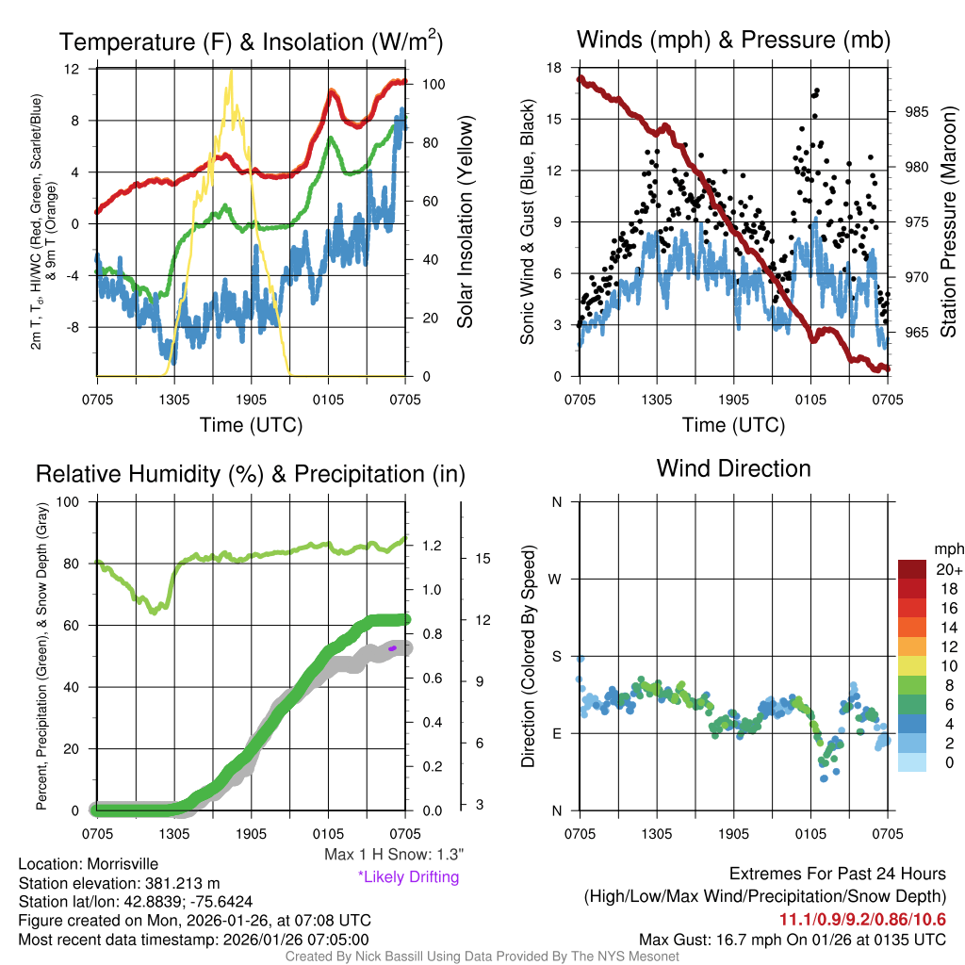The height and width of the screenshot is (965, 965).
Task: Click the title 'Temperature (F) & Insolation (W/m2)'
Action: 252,41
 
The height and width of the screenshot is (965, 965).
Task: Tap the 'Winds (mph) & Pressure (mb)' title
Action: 733,40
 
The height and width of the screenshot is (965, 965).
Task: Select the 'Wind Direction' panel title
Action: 733,468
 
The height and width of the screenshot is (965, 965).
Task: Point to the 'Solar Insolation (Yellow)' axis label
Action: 466,221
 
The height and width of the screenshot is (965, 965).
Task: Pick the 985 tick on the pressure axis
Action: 914,111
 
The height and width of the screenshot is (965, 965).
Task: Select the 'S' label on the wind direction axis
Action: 556,656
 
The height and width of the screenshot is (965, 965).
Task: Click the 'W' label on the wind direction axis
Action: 556,579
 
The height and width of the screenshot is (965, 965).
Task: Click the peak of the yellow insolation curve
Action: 229,72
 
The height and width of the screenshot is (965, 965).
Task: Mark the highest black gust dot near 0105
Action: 817,90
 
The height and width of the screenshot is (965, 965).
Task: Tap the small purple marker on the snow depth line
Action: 392,647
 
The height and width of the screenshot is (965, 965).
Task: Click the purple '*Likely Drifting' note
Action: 408,877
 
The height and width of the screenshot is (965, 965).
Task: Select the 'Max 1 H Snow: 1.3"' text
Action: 393,855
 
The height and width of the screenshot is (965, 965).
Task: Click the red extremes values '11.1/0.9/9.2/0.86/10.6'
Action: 862,920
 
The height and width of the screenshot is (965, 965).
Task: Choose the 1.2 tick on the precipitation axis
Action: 433,546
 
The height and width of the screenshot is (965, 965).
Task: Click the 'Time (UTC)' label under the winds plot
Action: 733,425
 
